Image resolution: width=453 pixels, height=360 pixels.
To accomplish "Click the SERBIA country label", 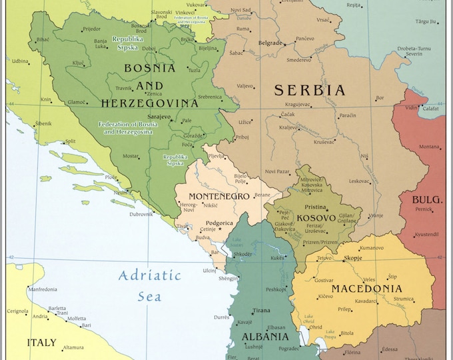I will click(310, 91).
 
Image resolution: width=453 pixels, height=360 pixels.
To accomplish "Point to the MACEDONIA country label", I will click(366, 289).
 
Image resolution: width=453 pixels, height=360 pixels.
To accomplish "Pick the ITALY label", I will click(41, 343).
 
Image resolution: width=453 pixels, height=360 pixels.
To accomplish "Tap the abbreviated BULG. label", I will click(427, 199).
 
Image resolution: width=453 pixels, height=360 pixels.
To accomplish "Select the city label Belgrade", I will click(270, 43).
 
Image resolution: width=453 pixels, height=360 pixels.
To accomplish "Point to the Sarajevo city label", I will click(159, 116).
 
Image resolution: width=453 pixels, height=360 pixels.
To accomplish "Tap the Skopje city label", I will click(353, 257).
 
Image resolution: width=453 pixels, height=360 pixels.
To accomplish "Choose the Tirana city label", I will click(261, 311).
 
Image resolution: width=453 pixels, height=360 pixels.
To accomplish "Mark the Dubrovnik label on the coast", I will click(141, 214).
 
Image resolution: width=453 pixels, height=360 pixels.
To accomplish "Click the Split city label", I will click(69, 141).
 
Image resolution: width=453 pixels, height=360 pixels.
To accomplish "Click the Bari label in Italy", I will click(86, 325).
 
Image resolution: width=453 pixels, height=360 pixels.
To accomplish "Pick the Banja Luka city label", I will click(100, 44).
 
